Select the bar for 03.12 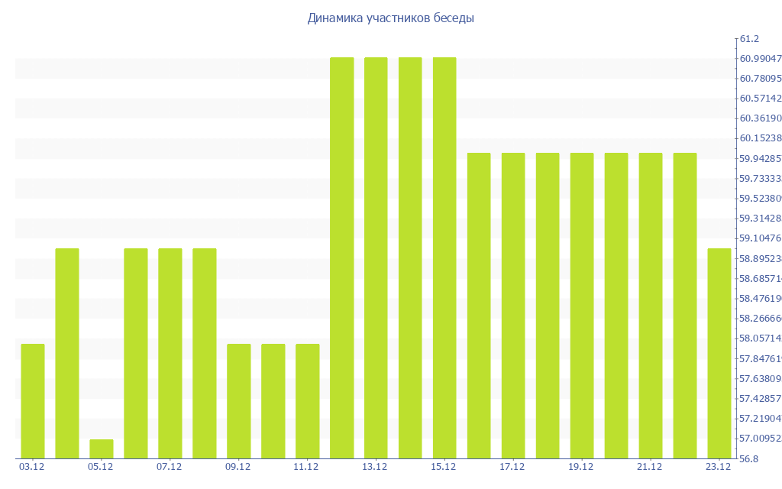coord(33,401)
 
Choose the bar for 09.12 coord(239,401)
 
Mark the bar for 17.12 coord(513,306)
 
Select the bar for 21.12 coord(651,306)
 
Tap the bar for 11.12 coord(307,401)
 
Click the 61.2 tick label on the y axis coord(748,39)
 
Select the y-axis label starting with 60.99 coord(758,59)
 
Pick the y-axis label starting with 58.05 coord(758,338)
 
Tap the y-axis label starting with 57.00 coord(758,439)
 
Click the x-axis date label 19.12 coord(581,467)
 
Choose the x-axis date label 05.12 coord(100,467)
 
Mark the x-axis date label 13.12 coord(375,467)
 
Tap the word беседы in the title coord(454,18)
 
